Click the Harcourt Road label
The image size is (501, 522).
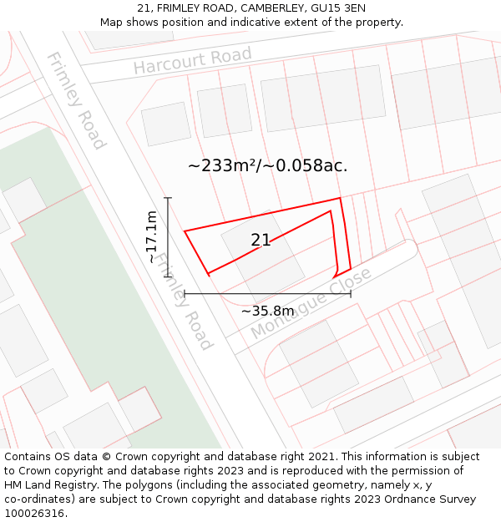[x=192, y=61]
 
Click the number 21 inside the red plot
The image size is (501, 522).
[x=261, y=241]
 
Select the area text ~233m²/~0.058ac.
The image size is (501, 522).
[x=267, y=165]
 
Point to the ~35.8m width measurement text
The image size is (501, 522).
[x=267, y=312]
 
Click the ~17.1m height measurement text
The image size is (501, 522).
[x=151, y=237]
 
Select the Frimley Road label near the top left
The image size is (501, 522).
[x=76, y=100]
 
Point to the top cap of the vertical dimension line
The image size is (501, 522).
[x=168, y=198]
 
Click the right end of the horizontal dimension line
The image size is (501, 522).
[x=351, y=293]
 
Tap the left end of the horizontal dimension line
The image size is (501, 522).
[x=185, y=293]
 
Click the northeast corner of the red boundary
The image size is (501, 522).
[x=340, y=199]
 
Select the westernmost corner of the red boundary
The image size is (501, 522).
[x=185, y=231]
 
